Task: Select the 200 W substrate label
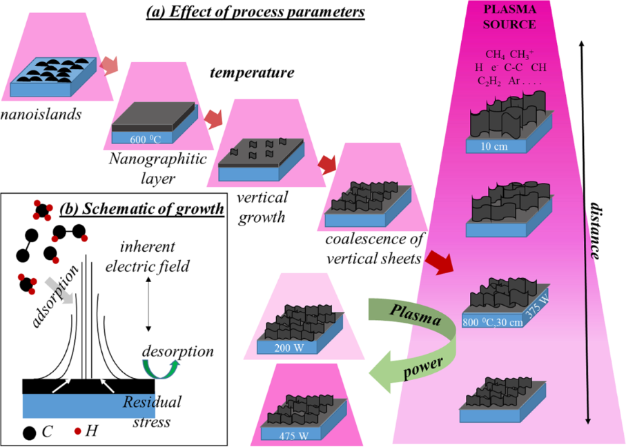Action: pos(283,347)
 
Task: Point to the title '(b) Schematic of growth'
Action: pos(142,208)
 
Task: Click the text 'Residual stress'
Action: pos(150,410)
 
